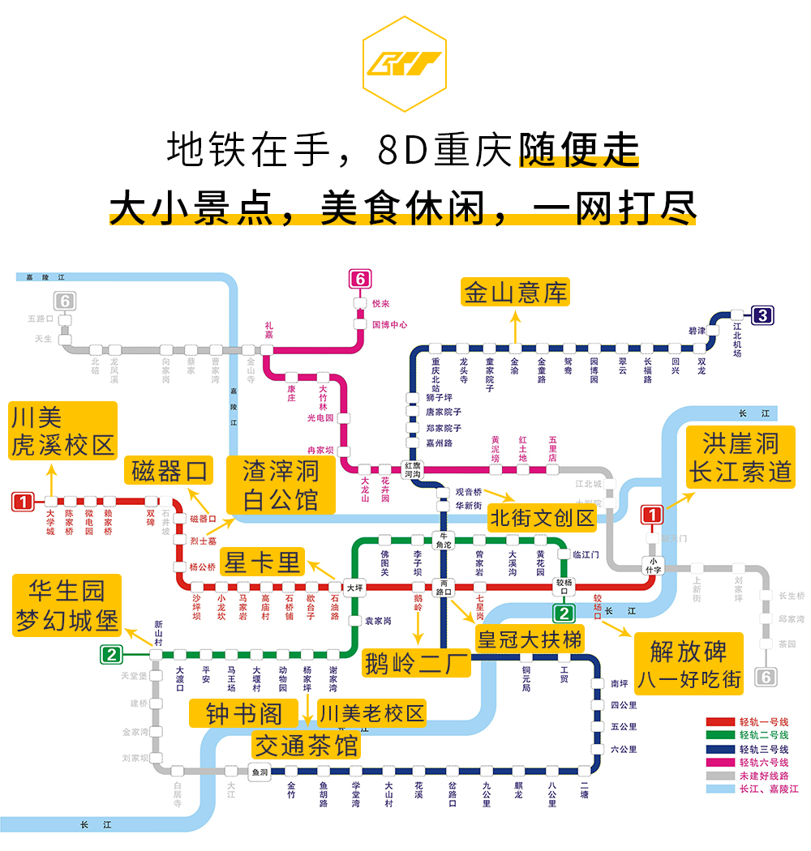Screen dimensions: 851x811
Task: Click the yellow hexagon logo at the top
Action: (404, 63)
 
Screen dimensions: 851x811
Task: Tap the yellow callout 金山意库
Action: (515, 292)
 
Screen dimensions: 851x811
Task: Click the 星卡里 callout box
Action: (262, 562)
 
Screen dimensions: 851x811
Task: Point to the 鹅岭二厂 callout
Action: (417, 663)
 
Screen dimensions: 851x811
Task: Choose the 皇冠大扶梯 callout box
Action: (530, 639)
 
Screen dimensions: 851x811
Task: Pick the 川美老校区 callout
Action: (371, 714)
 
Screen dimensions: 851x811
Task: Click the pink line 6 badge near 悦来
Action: (359, 280)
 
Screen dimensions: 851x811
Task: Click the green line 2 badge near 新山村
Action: (111, 654)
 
